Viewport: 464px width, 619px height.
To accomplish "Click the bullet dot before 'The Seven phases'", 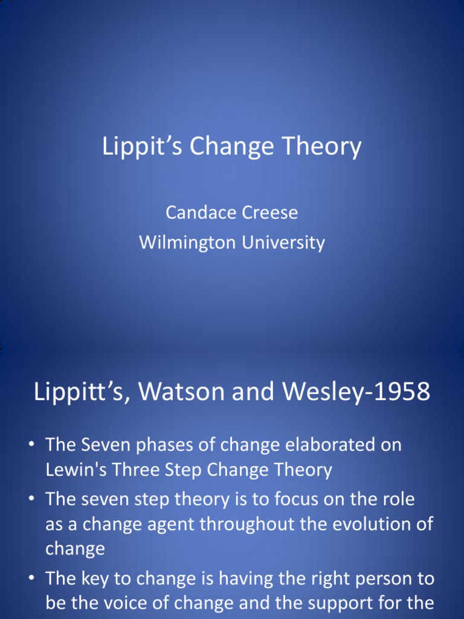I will click(30, 446).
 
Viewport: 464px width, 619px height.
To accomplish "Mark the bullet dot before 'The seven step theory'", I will click(30, 499).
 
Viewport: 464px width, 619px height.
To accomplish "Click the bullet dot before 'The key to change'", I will click(30, 578).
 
